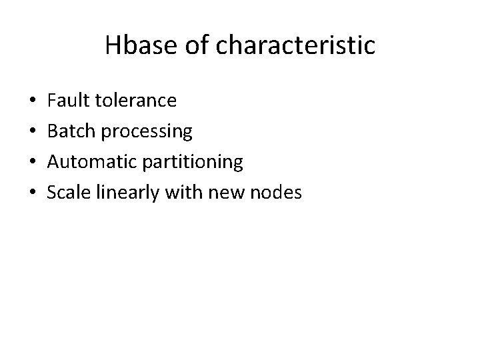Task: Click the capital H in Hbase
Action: tap(113, 46)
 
